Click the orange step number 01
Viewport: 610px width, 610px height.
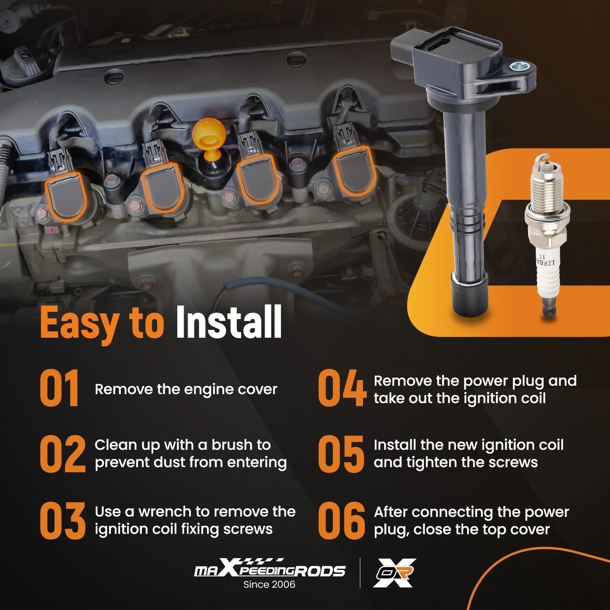[x=59, y=388]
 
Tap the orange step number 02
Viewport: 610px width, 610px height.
[x=62, y=454]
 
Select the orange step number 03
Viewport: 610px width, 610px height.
[x=62, y=521]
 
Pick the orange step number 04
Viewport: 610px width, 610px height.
[x=342, y=388]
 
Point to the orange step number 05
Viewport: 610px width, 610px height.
[x=341, y=454]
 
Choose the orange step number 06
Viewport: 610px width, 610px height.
[x=342, y=521]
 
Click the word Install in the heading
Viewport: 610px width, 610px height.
[x=228, y=322]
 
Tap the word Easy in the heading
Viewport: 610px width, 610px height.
[x=80, y=325]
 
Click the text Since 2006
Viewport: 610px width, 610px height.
[x=269, y=584]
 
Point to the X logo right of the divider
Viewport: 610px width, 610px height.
[x=394, y=573]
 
